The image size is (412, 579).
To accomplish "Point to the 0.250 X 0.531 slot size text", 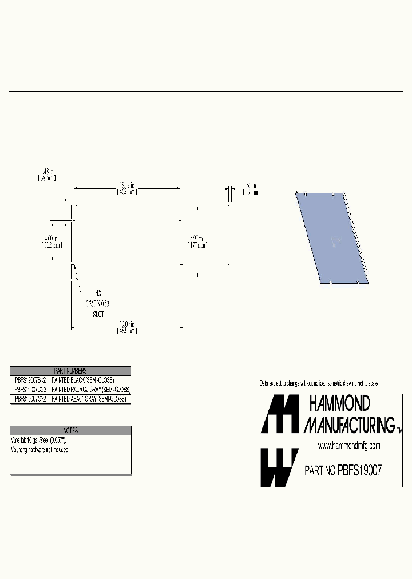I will [98, 303].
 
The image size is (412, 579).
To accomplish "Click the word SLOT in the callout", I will [98, 315].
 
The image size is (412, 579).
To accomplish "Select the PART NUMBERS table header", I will [70, 371].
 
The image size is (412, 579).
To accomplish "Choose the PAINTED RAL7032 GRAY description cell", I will [91, 389].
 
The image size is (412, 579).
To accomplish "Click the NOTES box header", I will [70, 430].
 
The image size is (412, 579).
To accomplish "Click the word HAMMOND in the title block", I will [339, 404].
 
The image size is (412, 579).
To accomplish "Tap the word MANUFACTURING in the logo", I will [349, 424].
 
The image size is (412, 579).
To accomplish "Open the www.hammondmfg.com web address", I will [348, 446].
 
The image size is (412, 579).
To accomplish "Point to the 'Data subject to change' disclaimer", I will [318, 383].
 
